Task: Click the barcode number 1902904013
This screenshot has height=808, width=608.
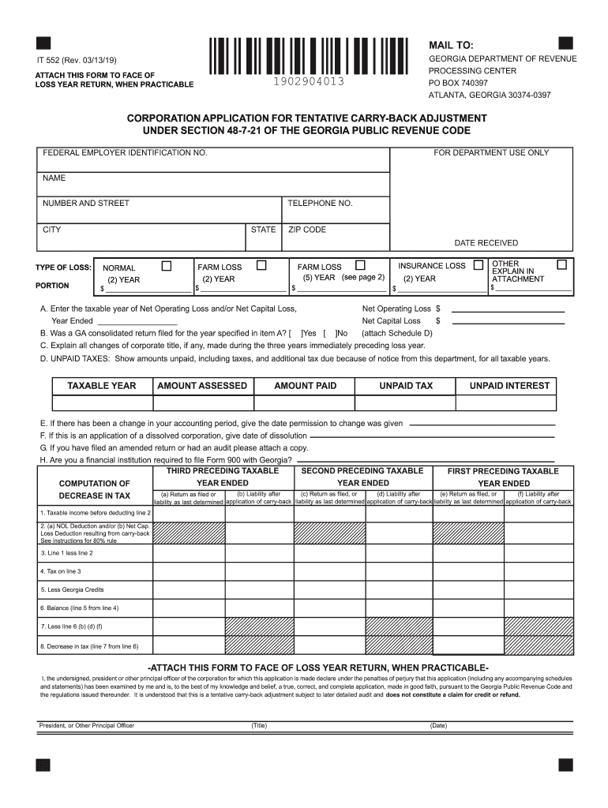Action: tap(310, 83)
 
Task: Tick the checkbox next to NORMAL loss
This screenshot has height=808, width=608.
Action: tap(166, 266)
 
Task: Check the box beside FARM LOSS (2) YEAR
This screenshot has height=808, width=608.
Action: tap(261, 265)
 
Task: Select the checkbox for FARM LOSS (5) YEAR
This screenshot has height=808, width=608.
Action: tap(360, 265)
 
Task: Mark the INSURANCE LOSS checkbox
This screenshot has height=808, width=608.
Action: tap(478, 266)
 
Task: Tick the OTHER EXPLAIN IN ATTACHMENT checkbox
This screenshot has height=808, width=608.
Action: tap(562, 264)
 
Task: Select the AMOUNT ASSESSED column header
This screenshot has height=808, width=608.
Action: tap(202, 386)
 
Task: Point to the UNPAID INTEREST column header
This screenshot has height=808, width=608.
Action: tap(509, 386)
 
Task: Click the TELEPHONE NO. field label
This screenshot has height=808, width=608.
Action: tap(320, 204)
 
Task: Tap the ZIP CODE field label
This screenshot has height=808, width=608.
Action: tap(306, 230)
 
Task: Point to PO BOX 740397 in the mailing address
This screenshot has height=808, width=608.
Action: tap(458, 83)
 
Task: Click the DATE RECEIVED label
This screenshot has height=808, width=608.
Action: tap(486, 243)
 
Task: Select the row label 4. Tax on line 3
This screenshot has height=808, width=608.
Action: tap(61, 570)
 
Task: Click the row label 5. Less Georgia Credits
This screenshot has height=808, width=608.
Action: tap(72, 589)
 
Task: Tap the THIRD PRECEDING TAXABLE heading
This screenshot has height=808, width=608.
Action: tap(222, 471)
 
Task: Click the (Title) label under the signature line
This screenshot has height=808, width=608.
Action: tap(259, 725)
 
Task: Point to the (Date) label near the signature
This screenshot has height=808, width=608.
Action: tap(438, 725)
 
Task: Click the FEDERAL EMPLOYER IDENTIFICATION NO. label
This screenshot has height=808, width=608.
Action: tap(125, 152)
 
